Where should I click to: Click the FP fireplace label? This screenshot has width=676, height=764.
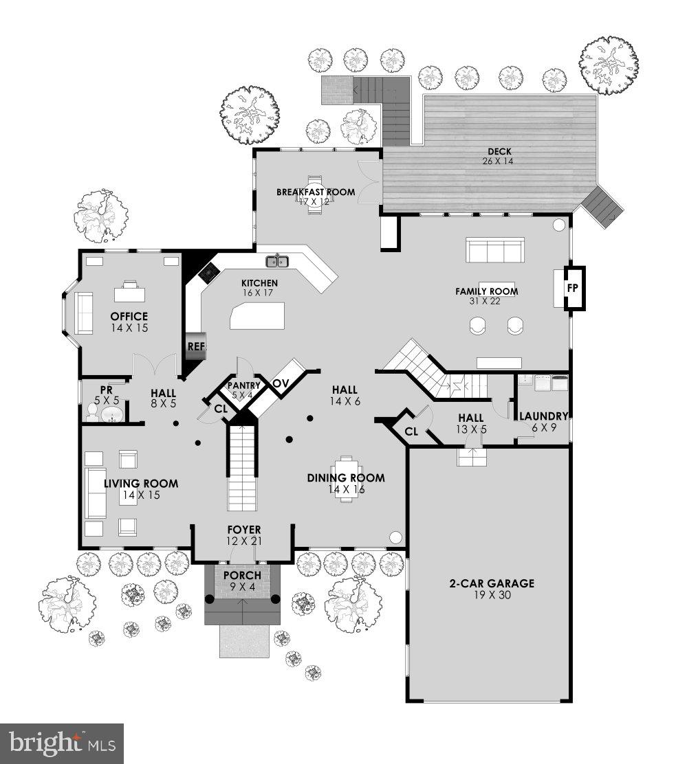click(x=572, y=289)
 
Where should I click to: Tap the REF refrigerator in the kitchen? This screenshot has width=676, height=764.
click(x=196, y=346)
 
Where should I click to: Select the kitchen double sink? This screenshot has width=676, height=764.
click(x=278, y=260)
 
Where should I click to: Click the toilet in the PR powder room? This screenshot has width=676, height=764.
click(x=91, y=412)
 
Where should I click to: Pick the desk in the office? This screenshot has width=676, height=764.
click(x=129, y=293)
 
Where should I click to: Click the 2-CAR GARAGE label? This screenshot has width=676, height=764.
click(x=491, y=584)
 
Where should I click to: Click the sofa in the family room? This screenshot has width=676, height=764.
click(x=495, y=250)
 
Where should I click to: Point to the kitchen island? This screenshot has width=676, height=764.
click(x=258, y=318)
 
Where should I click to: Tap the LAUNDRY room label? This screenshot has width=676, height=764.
click(x=543, y=416)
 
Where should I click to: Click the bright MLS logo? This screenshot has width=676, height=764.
click(x=61, y=743)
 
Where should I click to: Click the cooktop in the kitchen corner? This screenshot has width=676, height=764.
click(x=208, y=274)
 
